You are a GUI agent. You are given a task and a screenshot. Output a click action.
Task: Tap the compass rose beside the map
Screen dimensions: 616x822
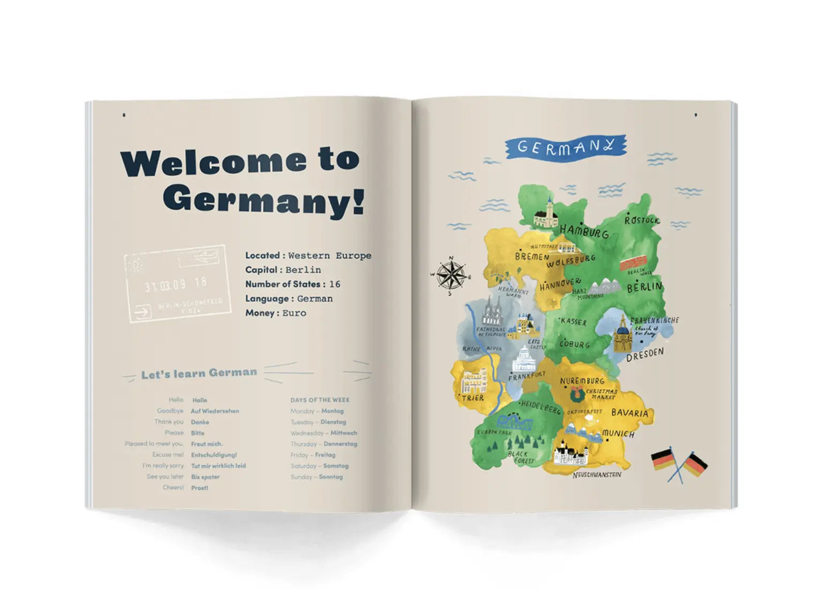click(x=451, y=275)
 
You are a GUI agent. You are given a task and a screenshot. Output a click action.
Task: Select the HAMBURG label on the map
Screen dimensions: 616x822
click(x=584, y=232)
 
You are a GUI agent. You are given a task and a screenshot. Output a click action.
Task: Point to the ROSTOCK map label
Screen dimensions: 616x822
click(x=642, y=220)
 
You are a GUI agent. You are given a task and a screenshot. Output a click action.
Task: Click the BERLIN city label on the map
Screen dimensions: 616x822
click(x=644, y=287)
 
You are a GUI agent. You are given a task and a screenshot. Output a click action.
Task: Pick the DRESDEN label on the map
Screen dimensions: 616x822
click(x=645, y=354)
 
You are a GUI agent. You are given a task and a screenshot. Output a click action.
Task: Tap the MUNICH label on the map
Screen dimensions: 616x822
click(x=618, y=434)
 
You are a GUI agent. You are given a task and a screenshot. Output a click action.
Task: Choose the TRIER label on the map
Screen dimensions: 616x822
click(x=473, y=398)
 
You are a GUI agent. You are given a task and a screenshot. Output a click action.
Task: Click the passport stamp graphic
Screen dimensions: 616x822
click(x=177, y=284)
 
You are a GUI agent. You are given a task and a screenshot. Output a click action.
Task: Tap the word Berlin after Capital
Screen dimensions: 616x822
click(x=303, y=270)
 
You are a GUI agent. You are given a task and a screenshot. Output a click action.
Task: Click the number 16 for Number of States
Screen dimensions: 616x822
click(x=334, y=284)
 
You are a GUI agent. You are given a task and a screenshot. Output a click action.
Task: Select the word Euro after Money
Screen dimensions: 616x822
click(x=294, y=313)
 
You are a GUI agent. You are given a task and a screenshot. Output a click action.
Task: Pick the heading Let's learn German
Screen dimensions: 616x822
click(x=199, y=373)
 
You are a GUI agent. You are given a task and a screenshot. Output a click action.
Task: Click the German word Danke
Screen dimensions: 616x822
click(x=200, y=422)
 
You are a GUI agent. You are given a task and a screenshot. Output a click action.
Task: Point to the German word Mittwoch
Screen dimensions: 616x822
click(x=344, y=433)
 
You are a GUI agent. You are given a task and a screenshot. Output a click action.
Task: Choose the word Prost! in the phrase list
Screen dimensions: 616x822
click(x=200, y=488)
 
